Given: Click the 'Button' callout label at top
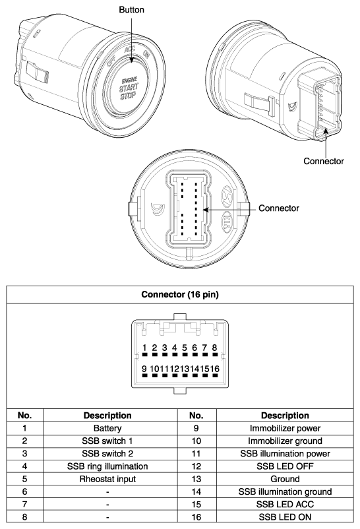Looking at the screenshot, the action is [x=131, y=10].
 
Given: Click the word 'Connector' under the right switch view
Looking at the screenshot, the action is [x=324, y=161].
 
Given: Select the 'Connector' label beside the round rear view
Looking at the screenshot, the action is [x=279, y=208].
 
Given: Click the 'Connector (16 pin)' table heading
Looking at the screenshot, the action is [x=180, y=295].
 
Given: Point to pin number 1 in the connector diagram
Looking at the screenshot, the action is [x=144, y=348].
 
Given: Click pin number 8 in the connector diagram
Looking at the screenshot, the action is [x=214, y=348].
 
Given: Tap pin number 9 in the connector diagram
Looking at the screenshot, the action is [x=144, y=369].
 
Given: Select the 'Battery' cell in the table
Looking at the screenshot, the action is [x=107, y=429].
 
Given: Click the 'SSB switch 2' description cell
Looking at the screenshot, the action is [x=107, y=454].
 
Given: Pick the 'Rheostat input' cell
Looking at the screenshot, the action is [x=107, y=479].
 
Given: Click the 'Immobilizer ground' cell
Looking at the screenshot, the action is [x=285, y=441].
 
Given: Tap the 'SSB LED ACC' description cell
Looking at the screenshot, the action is [x=285, y=505].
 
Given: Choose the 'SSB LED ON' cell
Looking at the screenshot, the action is [x=285, y=517].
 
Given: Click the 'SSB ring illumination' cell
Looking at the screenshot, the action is [x=107, y=466].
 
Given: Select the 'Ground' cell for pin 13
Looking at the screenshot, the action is [x=285, y=479].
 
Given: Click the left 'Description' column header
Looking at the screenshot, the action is [x=107, y=416].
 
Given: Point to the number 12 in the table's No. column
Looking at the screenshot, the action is [x=196, y=466].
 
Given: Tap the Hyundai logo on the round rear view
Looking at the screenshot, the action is [x=227, y=197].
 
